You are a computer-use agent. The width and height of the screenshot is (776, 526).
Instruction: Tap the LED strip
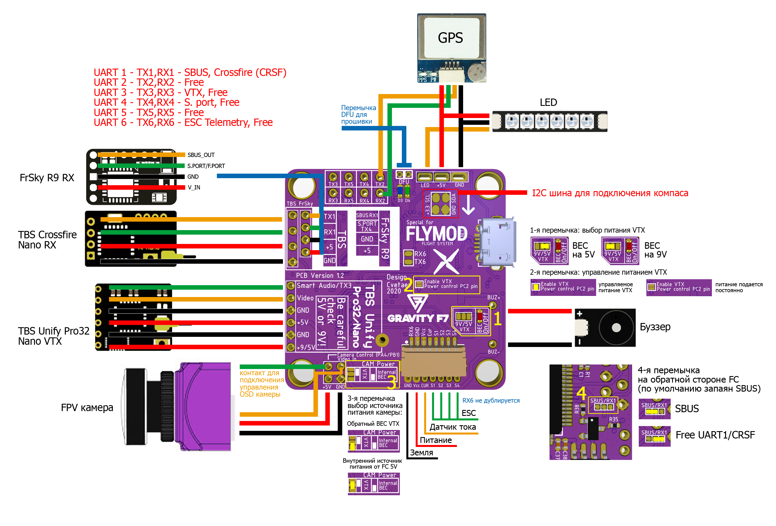click(550, 121)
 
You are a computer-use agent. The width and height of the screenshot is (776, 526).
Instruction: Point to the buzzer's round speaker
click(616, 328)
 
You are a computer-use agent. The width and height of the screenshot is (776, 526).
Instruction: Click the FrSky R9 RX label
click(47, 178)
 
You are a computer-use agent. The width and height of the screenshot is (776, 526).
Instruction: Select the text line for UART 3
click(160, 92)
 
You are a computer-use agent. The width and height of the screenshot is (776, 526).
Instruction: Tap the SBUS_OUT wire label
click(201, 155)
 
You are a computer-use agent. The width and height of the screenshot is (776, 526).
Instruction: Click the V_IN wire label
click(194, 187)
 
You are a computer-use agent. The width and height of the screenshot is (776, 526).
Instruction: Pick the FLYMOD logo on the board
click(436, 233)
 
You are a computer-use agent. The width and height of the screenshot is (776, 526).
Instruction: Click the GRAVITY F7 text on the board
click(418, 318)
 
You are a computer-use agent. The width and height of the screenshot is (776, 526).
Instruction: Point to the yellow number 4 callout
click(581, 393)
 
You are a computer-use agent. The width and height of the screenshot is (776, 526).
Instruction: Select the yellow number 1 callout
click(497, 319)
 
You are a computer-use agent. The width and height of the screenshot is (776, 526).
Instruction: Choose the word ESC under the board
click(468, 413)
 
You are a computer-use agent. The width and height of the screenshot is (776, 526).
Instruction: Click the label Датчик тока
click(452, 427)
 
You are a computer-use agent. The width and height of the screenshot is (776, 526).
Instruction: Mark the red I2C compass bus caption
click(610, 193)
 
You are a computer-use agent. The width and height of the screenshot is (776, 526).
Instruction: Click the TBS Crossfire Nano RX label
click(47, 240)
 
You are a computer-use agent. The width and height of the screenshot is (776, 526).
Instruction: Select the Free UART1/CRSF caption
click(715, 435)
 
